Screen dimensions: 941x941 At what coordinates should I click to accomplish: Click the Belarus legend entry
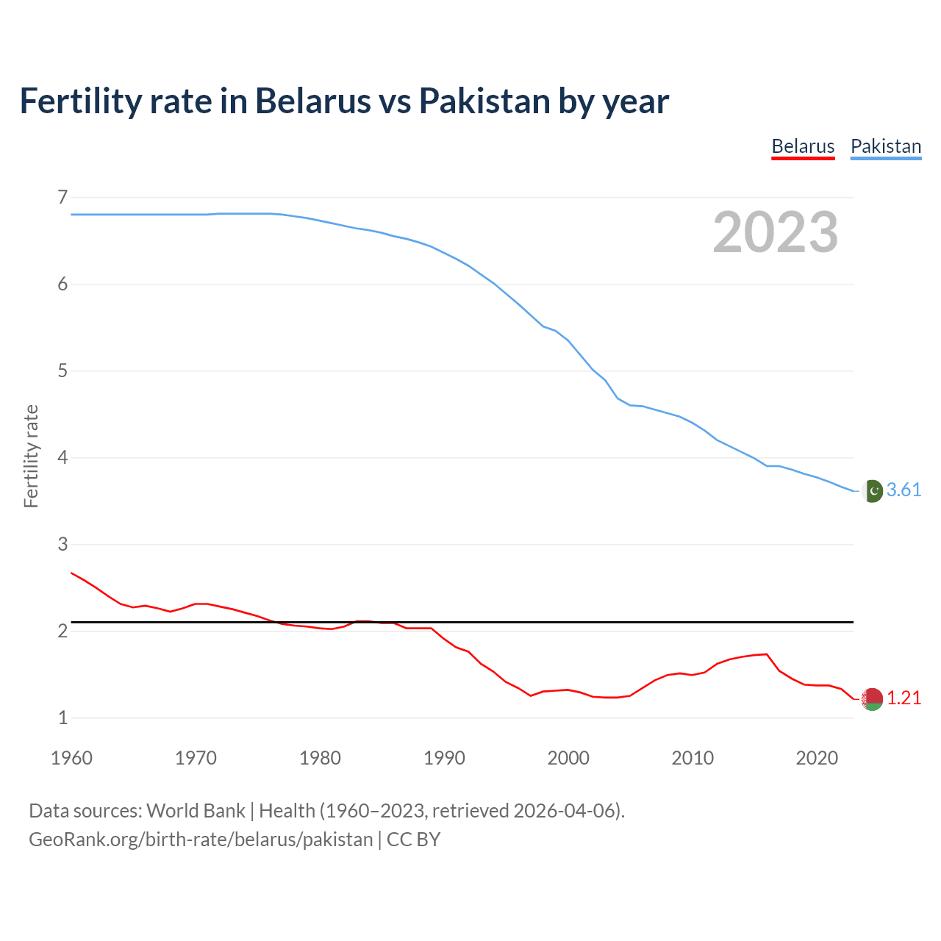coord(803,146)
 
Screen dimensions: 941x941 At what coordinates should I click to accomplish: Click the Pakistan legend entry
coord(885,146)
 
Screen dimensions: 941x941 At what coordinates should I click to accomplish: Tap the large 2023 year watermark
coord(775,232)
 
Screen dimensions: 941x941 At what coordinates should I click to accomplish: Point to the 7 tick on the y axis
coord(62,197)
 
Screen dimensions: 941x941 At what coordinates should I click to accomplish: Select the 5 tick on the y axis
coord(62,371)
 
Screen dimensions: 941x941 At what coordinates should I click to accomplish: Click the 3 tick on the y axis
coord(62,544)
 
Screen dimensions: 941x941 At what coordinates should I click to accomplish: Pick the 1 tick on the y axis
coord(62,718)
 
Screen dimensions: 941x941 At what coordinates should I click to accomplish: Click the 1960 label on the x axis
coord(71,758)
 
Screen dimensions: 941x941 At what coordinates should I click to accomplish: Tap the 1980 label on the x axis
coord(320,758)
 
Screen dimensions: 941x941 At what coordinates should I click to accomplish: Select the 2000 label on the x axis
coord(568,758)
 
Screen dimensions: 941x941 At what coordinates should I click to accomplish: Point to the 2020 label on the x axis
coord(817,758)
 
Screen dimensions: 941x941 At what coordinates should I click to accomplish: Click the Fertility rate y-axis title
coord(31,456)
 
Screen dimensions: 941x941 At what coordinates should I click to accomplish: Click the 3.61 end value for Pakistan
coord(904,490)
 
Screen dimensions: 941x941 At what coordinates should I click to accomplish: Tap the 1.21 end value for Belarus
coord(904,698)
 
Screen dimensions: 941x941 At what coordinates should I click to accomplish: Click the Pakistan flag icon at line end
coord(872,490)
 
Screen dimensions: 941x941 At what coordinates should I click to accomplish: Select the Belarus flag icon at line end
coord(872,699)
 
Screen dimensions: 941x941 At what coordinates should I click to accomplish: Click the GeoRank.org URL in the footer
coord(201,840)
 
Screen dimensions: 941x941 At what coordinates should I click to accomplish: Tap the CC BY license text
coord(413,840)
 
